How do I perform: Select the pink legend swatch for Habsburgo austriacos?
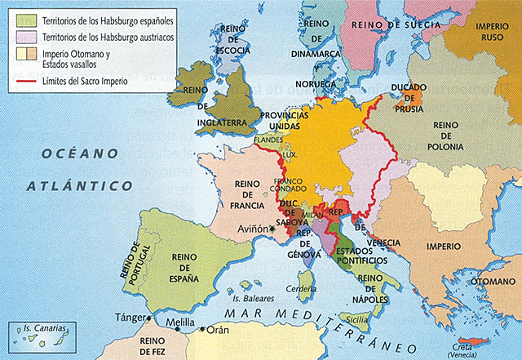tap(18, 36)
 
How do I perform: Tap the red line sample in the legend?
tap(18, 81)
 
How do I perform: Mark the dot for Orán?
tap(203, 330)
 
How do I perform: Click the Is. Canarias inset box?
tap(41, 336)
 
